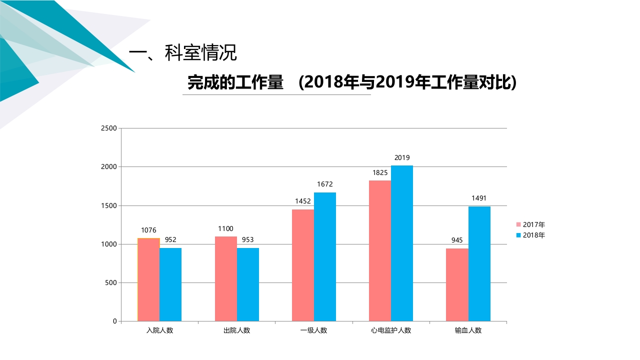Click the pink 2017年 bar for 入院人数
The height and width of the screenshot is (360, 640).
(148, 279)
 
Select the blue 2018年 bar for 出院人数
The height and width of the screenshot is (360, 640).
(248, 284)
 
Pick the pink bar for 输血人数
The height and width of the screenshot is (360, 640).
(457, 284)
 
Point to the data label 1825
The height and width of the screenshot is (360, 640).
(380, 173)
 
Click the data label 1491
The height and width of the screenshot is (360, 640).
(479, 198)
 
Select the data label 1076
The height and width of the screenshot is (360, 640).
(148, 230)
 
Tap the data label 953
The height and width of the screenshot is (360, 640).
(248, 240)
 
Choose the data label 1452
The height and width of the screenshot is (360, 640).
(303, 201)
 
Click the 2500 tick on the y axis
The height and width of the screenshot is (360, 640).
(109, 128)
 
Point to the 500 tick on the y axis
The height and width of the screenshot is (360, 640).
(111, 283)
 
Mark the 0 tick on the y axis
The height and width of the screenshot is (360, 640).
(114, 321)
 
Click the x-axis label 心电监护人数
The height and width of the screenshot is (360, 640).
(391, 330)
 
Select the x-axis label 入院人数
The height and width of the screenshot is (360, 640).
(159, 330)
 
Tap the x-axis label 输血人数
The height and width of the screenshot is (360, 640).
(468, 330)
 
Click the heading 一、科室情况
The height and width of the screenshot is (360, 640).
(182, 53)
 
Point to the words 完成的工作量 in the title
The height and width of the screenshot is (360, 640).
(235, 82)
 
